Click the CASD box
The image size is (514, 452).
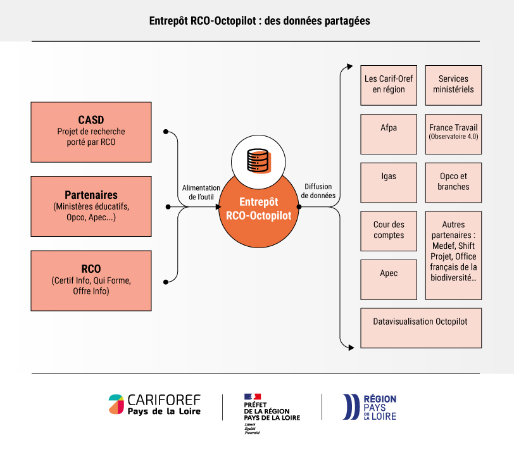click(91, 132)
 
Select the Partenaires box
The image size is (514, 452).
click(91, 206)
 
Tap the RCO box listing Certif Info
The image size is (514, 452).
click(91, 280)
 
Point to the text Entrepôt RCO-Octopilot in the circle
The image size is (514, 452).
click(259, 208)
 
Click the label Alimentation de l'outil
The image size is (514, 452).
click(201, 192)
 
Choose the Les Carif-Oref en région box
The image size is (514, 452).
click(389, 85)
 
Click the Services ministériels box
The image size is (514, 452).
click(453, 85)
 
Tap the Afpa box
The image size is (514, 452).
click(389, 134)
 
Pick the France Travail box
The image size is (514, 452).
click(453, 134)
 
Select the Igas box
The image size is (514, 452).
click(389, 182)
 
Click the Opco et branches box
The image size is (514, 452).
click(453, 182)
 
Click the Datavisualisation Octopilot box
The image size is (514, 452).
click(421, 328)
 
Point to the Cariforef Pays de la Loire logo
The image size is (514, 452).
click(154, 405)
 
